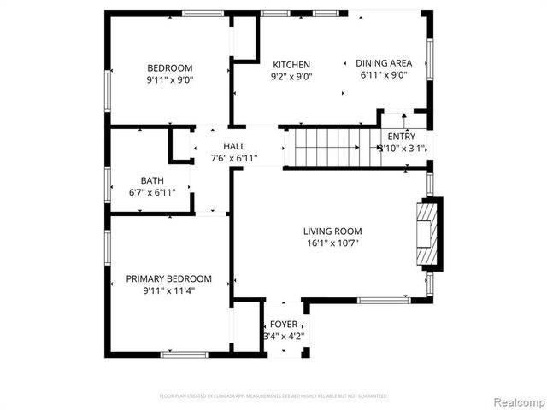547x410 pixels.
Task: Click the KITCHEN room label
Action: (x=291, y=65)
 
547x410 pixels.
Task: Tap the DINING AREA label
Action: (x=384, y=63)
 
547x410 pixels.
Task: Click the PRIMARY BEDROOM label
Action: (x=168, y=279)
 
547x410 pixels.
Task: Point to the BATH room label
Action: (x=153, y=180)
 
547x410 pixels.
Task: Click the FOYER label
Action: (x=284, y=325)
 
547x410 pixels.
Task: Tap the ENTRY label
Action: (x=402, y=137)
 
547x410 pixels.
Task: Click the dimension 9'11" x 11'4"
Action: (x=168, y=291)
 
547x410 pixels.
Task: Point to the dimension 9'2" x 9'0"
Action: (x=291, y=76)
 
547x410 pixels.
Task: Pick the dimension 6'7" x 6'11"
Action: (x=153, y=192)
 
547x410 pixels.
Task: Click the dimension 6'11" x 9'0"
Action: (x=384, y=75)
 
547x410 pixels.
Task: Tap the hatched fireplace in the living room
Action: (x=425, y=235)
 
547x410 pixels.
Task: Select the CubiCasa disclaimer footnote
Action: (x=273, y=396)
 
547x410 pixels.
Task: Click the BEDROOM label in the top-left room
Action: (x=169, y=68)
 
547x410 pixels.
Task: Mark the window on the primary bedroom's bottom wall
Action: (x=185, y=354)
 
